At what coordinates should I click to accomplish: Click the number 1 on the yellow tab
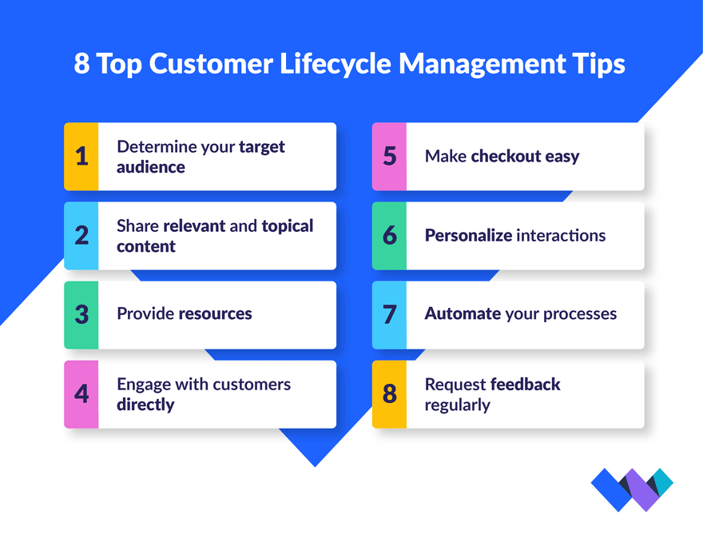[81, 156]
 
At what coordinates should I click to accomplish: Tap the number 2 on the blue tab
[81, 235]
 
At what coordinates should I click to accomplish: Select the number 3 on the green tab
[81, 314]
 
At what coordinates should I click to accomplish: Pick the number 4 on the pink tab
[81, 393]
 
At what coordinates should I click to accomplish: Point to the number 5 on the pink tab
[390, 156]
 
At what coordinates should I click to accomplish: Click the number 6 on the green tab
[390, 235]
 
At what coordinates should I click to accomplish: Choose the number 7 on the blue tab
[390, 314]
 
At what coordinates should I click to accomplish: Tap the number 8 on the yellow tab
[390, 393]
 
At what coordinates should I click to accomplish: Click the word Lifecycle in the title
[336, 64]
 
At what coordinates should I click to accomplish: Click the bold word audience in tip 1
[151, 167]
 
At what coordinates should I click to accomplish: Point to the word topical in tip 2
[288, 226]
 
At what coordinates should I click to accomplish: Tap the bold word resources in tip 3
[216, 313]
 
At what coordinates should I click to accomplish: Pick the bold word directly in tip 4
[145, 405]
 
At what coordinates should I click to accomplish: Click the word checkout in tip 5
[506, 156]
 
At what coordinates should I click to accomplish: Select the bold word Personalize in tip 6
[468, 235]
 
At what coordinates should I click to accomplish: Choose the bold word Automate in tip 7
[463, 313]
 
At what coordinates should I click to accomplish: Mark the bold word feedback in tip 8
[526, 384]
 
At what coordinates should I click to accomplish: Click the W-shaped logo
[632, 489]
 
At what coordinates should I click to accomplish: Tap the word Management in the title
[482, 64]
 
